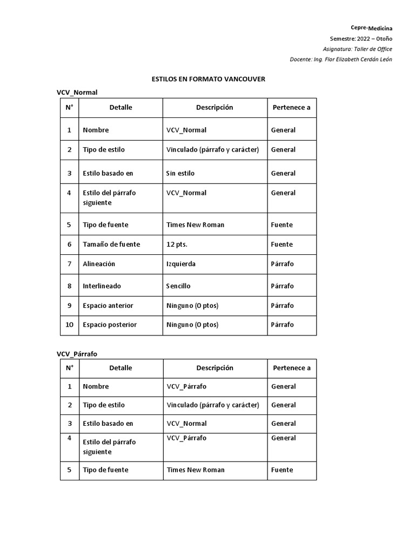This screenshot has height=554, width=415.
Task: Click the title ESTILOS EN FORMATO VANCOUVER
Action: coord(209,79)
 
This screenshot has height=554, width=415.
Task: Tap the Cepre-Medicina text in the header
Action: coord(371,28)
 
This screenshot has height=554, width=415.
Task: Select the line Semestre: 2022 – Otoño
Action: coord(361,38)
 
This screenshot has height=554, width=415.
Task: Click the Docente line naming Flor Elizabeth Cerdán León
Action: coord(341,59)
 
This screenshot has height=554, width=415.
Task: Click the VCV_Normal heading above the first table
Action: coord(77,93)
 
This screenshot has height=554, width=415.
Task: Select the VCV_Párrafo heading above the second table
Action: coord(77,354)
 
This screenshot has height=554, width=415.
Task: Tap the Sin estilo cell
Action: coord(180,173)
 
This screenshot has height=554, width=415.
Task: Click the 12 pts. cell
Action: coord(177,244)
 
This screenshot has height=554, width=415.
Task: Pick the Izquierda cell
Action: coord(181,263)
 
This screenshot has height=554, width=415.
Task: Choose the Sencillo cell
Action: coord(178,286)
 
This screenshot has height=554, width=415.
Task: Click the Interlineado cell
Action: coord(102,286)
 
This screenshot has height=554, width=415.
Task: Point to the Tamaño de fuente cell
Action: coord(111,244)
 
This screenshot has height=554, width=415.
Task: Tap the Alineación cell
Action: coord(99,263)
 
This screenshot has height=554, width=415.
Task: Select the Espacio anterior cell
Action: coord(108,305)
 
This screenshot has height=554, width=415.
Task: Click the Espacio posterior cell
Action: coord(110,325)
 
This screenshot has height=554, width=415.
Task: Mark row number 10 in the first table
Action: coord(69,325)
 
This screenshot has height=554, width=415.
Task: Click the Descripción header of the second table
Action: coord(215,368)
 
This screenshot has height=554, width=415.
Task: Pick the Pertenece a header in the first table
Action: coord(292,107)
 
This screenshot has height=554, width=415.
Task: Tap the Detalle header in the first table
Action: coord(121,107)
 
